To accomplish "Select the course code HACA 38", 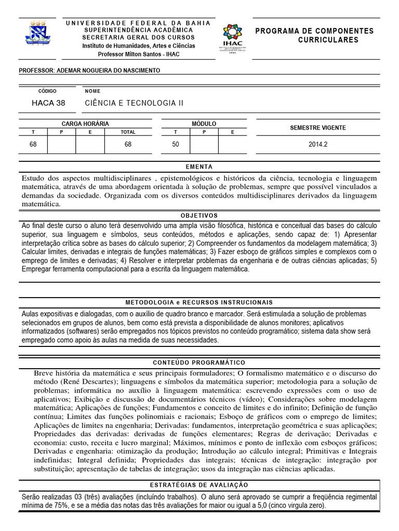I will click(48, 103).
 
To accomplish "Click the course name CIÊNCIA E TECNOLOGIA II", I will click(134, 103).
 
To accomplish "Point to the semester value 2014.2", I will click(317, 145).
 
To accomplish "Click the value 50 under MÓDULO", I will click(176, 145).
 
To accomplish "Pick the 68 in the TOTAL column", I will click(128, 145).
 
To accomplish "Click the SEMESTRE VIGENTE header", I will click(317, 128).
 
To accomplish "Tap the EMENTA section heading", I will click(199, 167).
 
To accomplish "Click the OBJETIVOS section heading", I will click(199, 215).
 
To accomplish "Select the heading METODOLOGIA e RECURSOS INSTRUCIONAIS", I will click(199, 302).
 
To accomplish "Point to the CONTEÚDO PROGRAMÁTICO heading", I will click(199, 362).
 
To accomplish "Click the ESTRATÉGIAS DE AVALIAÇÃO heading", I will click(199, 485).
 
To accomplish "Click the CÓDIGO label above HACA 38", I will click(46, 91).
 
